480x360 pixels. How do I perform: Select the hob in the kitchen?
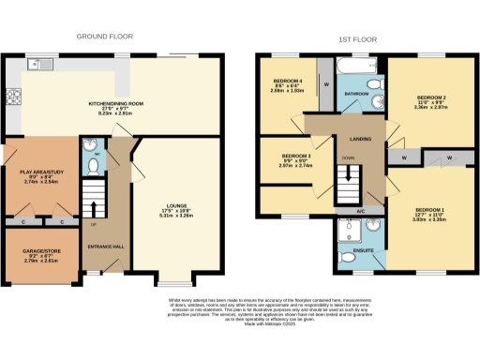click(14, 96)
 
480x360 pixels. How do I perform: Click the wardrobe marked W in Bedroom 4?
click(325, 83)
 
